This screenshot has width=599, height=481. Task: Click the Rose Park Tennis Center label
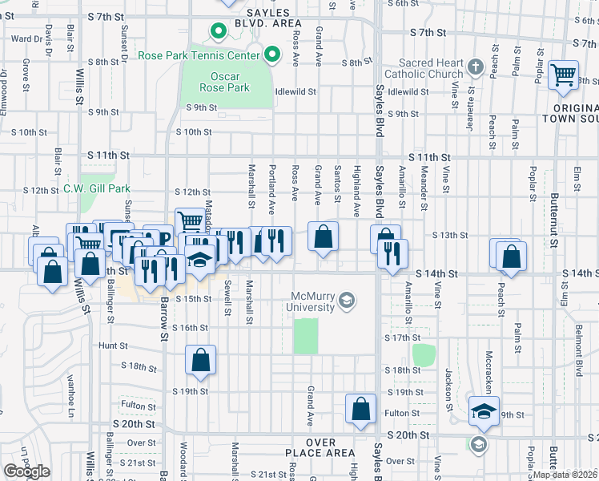(199, 55)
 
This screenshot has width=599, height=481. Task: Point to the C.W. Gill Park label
(97, 190)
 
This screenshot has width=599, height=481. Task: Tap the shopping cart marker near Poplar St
(565, 75)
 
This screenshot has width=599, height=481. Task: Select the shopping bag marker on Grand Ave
(323, 236)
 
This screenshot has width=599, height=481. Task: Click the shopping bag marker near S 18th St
(201, 360)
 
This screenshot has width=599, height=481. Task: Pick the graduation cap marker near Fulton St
(484, 410)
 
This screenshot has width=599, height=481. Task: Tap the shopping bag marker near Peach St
(511, 257)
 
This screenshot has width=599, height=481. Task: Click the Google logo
(27, 471)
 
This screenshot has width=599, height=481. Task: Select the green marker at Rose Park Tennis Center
(272, 55)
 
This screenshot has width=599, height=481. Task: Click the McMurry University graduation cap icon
(346, 301)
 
